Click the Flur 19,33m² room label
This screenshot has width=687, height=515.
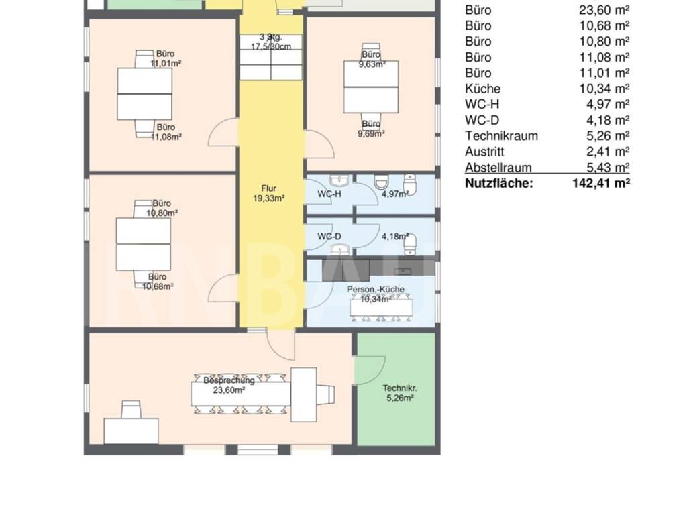[268, 193]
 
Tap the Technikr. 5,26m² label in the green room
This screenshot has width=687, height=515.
[400, 393]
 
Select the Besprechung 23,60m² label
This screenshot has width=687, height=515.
[229, 385]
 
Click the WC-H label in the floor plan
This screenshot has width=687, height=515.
[329, 194]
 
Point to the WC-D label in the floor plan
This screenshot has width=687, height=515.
[329, 237]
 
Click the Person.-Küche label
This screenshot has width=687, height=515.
[376, 290]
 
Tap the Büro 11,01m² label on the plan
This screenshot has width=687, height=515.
[166, 58]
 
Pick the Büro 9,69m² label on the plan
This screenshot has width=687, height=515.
[371, 129]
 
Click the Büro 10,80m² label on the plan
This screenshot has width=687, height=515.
[162, 208]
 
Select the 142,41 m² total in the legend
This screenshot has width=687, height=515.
[601, 183]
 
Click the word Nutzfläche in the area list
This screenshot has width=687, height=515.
[499, 183]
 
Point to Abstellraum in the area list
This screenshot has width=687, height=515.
[498, 167]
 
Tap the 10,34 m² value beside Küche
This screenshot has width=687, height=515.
[604, 89]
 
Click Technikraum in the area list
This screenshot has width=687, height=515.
[502, 135]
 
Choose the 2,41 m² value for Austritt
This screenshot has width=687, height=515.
[608, 152]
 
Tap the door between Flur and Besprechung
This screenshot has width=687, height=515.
[281, 346]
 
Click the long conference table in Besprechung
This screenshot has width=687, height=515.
[241, 394]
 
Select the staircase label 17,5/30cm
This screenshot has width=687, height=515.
[271, 46]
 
